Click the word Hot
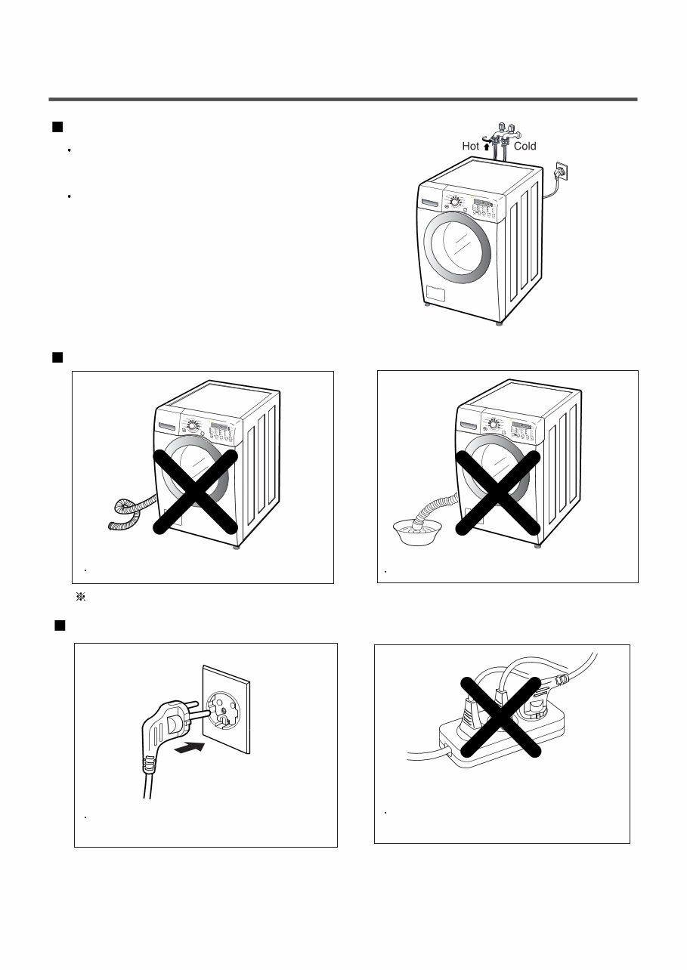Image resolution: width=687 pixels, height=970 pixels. click(471, 146)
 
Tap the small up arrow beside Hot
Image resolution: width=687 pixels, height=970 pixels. click(487, 146)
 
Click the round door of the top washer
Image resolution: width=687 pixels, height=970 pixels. click(459, 251)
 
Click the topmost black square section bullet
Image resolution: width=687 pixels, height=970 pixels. click(56, 126)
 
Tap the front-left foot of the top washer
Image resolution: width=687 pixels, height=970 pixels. click(429, 306)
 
